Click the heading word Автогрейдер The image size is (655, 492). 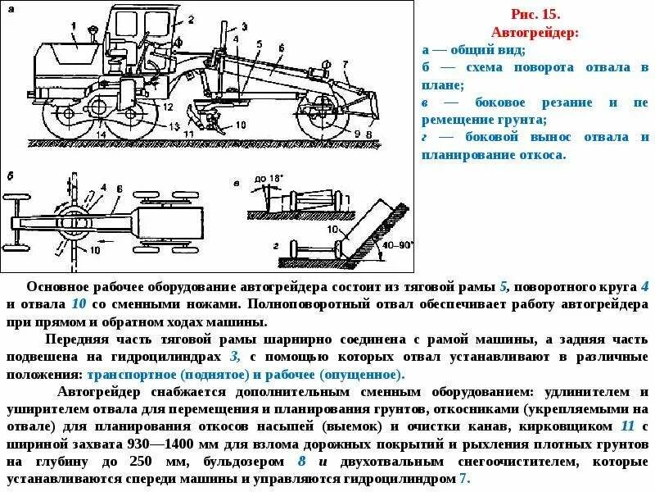point(535,33)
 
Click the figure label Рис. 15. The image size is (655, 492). point(535,15)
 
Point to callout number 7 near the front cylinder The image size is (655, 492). point(346,63)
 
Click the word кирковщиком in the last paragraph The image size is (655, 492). point(564,426)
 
